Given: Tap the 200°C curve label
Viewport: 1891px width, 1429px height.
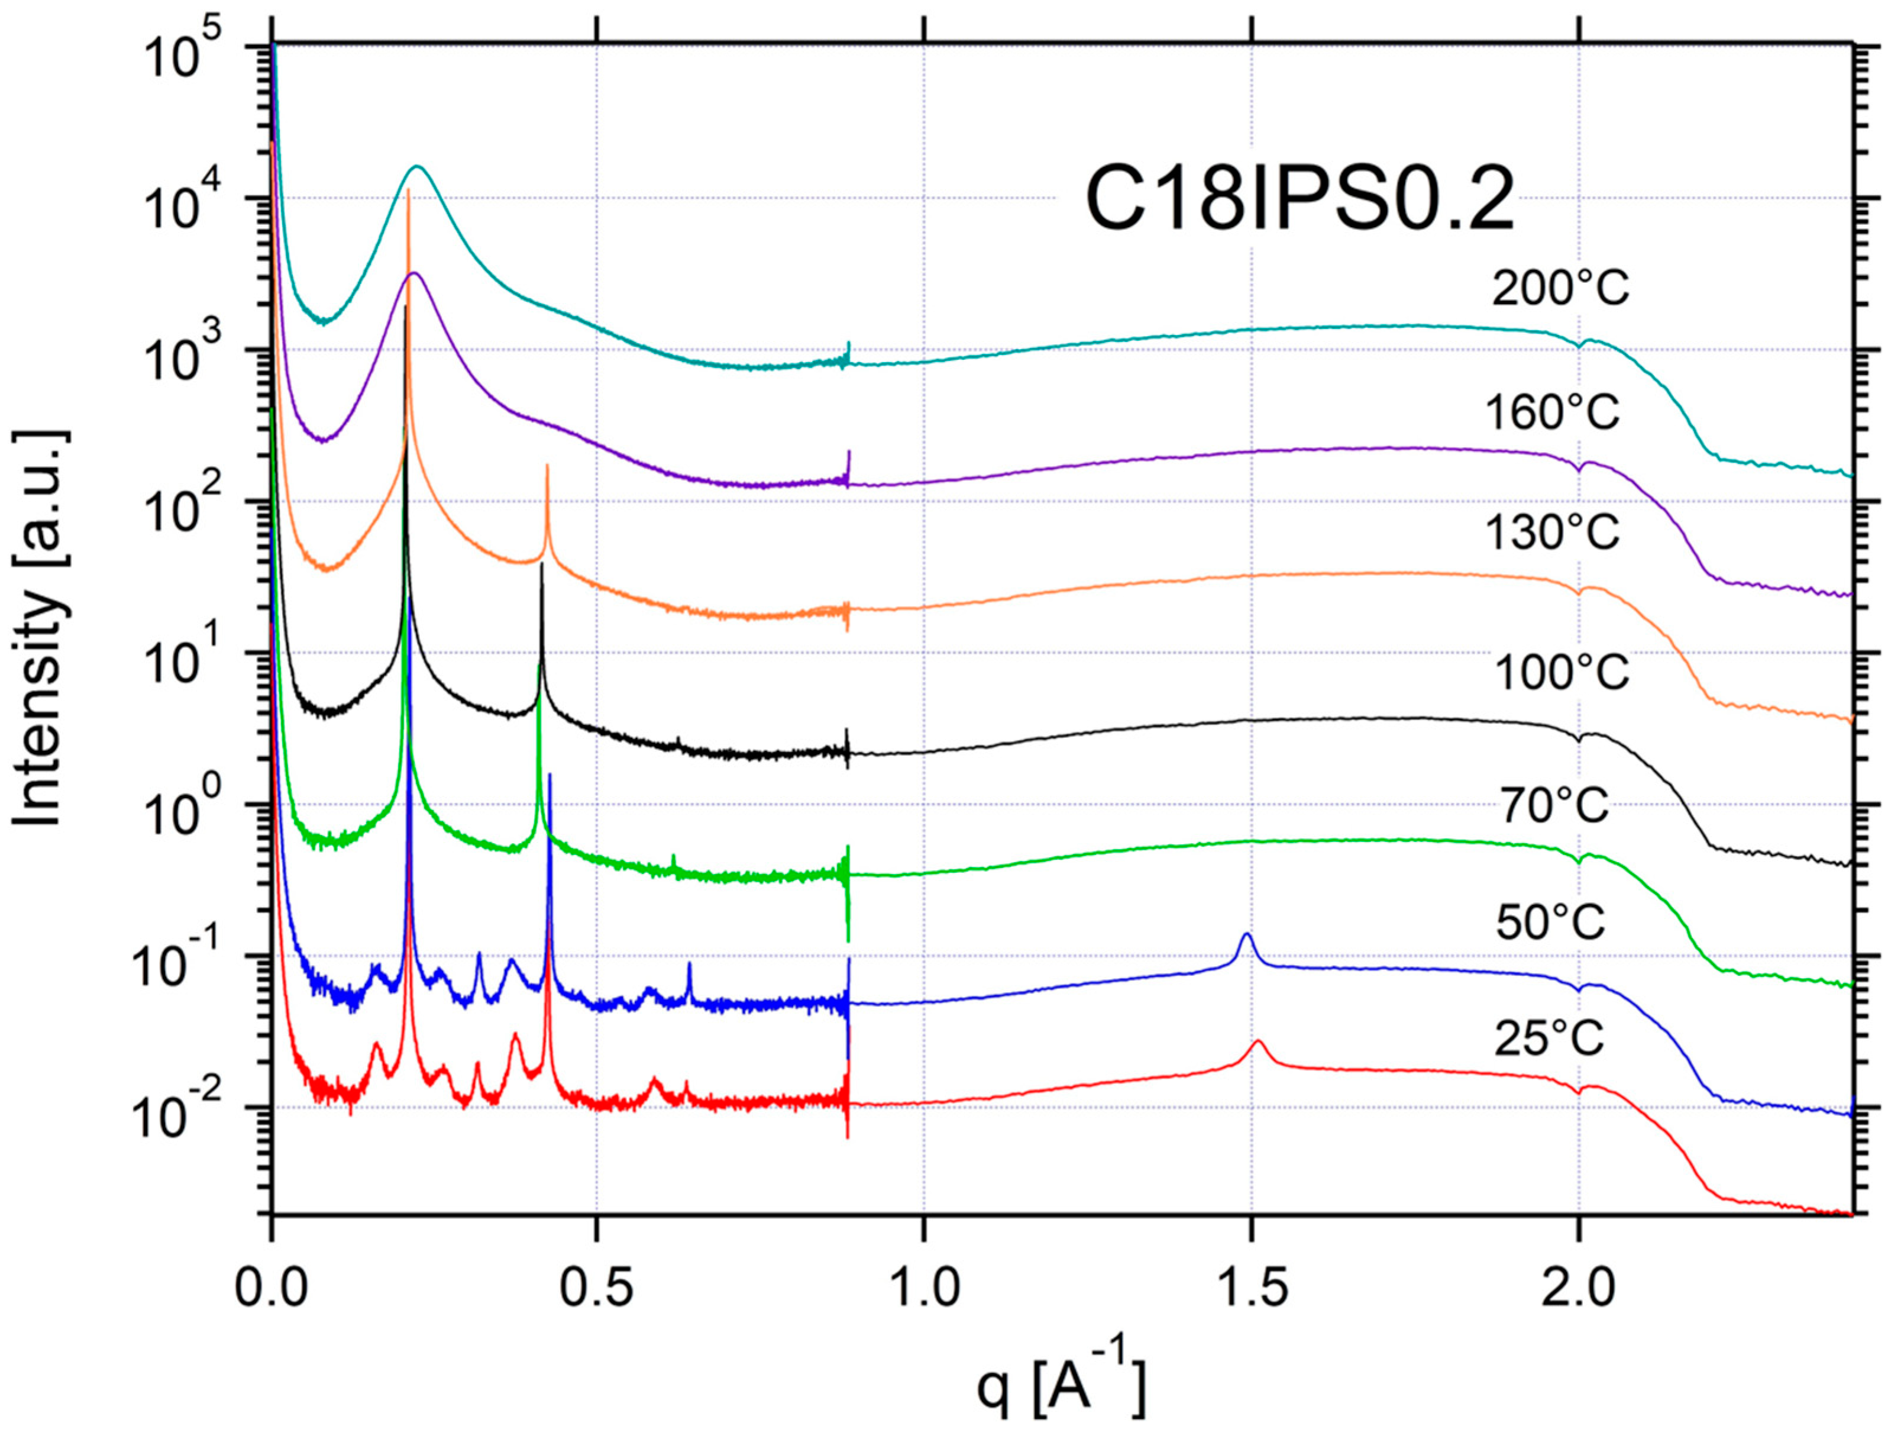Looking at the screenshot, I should coord(1560,289).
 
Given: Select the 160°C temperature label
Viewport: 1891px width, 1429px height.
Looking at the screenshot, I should coord(1553,412).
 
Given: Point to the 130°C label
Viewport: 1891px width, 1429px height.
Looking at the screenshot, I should coord(1553,532).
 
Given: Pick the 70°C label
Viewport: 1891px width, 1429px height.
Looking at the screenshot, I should coord(1554,805).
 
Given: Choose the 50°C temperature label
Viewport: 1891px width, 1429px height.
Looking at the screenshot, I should coord(1551,922).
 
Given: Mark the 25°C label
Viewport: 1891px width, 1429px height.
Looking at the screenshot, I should coord(1549,1039).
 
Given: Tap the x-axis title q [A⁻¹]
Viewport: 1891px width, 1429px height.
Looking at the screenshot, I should coord(1060,1385).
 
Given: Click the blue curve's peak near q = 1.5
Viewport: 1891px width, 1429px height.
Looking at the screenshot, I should coord(1246,935).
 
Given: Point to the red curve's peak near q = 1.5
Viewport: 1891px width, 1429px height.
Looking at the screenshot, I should coord(1258,1041).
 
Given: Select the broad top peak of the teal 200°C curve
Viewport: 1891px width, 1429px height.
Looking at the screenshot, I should coord(418,167).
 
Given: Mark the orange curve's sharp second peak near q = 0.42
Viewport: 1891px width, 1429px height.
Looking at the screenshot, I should coord(547,466).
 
